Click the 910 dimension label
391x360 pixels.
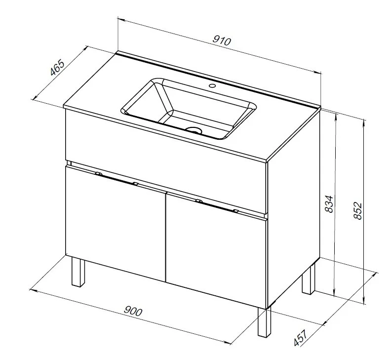tap(222, 41)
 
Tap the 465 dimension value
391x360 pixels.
tap(57, 67)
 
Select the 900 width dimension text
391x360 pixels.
tap(133, 311)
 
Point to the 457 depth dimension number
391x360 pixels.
tap(301, 338)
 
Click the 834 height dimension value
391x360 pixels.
tap(329, 204)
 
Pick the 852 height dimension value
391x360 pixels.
tap(358, 211)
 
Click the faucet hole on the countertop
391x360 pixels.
tap(212, 86)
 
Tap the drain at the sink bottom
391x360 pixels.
tap(194, 130)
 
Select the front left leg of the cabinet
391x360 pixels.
tap(78, 272)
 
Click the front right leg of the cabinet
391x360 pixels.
tap(264, 322)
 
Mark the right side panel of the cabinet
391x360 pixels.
tap(294, 208)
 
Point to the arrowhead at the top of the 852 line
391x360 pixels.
tap(365, 123)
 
